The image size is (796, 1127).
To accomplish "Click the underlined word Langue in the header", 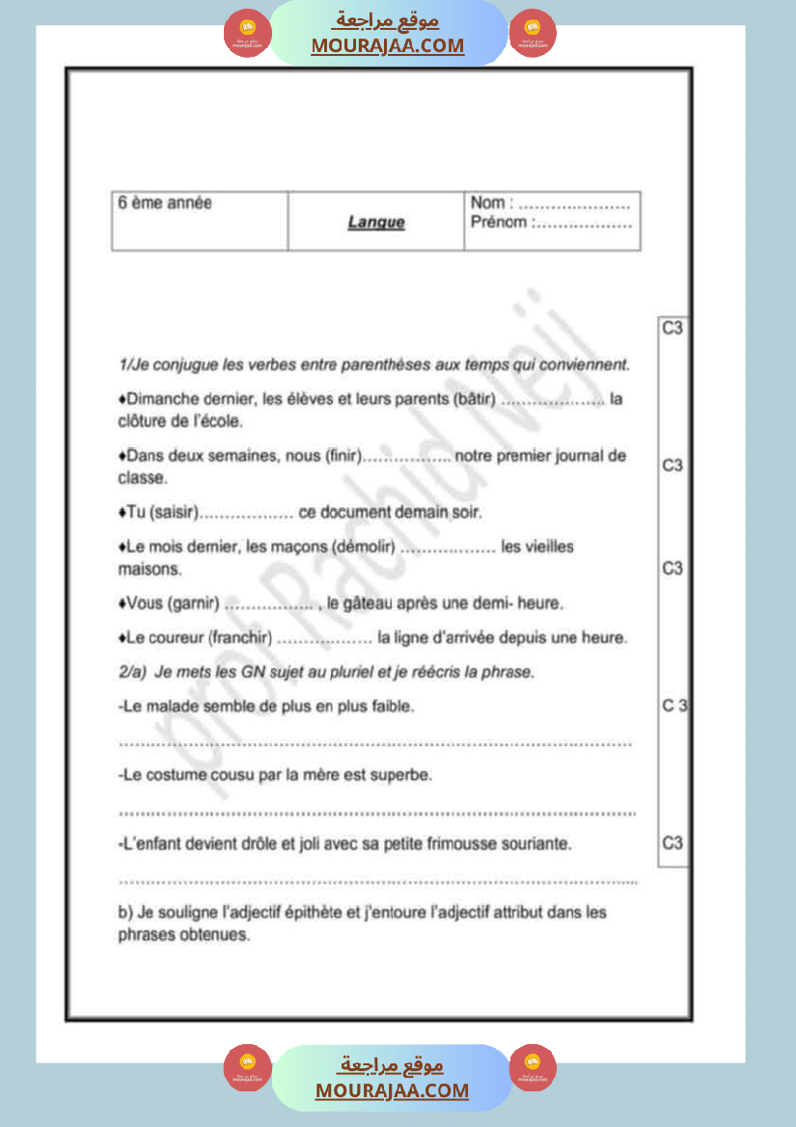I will click(x=376, y=223).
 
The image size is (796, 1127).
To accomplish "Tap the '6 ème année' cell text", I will click(x=164, y=203).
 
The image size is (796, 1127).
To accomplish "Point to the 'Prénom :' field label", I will click(x=499, y=223).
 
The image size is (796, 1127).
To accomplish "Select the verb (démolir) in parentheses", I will click(x=363, y=547).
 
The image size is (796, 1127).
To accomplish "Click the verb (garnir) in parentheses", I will click(x=193, y=604).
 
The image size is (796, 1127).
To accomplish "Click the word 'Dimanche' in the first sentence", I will click(x=159, y=399).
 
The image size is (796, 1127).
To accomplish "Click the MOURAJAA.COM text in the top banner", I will click(x=388, y=46).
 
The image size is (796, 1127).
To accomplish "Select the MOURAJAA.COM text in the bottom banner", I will click(x=392, y=1090).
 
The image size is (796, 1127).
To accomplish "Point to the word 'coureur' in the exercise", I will click(x=174, y=637).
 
